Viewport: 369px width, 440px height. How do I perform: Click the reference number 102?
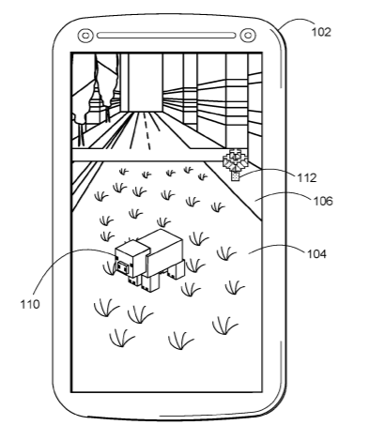[321, 32]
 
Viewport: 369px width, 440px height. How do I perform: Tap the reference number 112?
[306, 178]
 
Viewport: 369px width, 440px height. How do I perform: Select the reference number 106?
[323, 201]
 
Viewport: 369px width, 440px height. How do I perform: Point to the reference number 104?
[316, 254]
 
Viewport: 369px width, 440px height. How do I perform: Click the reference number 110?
[30, 304]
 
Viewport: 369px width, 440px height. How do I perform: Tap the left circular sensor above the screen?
[85, 36]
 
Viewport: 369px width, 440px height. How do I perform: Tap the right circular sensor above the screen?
[248, 36]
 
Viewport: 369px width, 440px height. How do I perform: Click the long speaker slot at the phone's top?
[166, 36]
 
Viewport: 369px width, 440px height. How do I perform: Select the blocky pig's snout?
[123, 267]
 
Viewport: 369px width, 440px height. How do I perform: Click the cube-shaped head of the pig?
[131, 259]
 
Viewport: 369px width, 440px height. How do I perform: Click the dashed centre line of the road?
[146, 130]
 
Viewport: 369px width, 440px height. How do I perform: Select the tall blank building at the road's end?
[146, 82]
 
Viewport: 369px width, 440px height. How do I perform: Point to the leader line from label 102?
[296, 22]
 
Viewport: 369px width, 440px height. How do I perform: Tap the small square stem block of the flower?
[235, 176]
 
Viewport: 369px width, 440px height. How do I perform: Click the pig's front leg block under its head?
[135, 281]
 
